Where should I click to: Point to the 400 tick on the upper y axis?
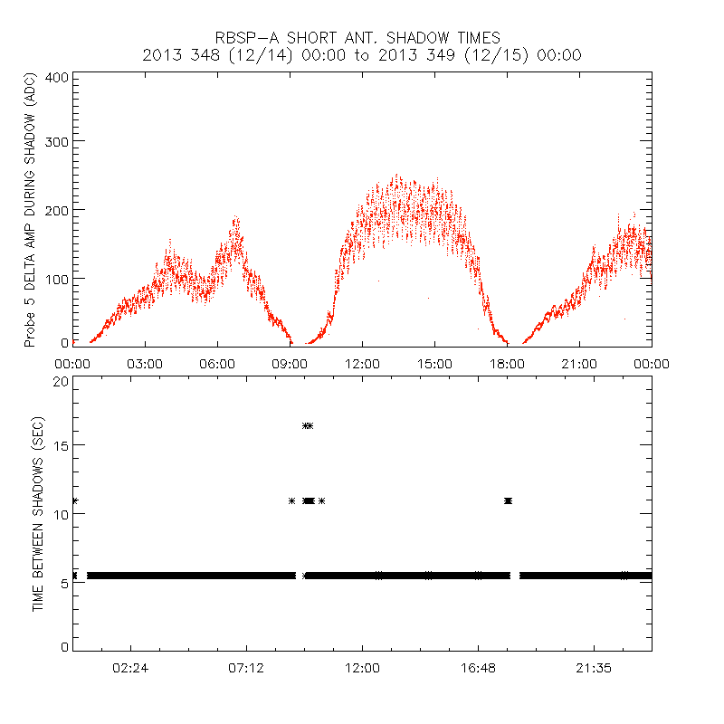pos(57,77)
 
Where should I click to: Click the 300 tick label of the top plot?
pos(57,141)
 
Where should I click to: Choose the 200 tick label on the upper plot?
pos(57,209)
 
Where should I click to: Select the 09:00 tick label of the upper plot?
pos(290,363)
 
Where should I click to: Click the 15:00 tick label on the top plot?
pos(434,363)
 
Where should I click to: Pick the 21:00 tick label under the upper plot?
pos(579,363)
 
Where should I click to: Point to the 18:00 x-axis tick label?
pos(507,363)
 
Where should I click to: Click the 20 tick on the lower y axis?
pos(61,381)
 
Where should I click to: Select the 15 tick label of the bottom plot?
pos(61,445)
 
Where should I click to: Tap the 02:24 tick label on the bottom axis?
pos(130,667)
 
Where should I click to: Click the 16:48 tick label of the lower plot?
pos(478,667)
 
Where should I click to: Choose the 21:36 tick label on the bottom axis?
pos(594,667)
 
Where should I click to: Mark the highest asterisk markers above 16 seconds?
pos(308,425)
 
